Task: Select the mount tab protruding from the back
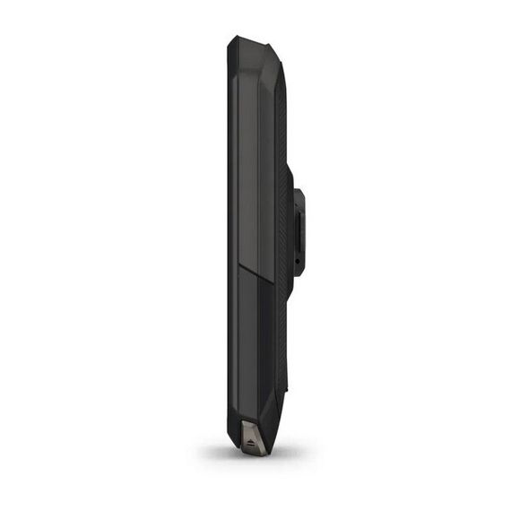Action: pos(298,231)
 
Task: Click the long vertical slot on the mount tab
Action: pos(298,229)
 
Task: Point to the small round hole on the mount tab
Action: pos(298,261)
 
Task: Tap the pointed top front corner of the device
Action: pos(231,39)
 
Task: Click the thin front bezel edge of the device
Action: pos(232,242)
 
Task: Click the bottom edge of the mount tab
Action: pos(299,274)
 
